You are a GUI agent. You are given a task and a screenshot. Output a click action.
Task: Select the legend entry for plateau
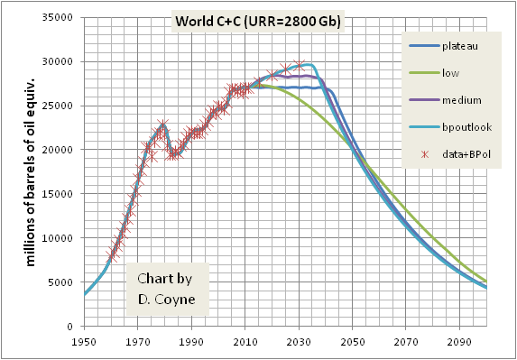[459, 45]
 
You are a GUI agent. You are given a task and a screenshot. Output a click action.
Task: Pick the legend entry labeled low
[452, 72]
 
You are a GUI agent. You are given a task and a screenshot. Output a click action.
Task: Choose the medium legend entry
[461, 100]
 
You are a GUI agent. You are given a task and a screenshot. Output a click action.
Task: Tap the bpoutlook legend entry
[466, 127]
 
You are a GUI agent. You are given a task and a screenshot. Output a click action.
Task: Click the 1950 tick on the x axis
[85, 342]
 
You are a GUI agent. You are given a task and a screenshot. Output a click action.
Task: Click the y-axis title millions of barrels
[31, 171]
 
